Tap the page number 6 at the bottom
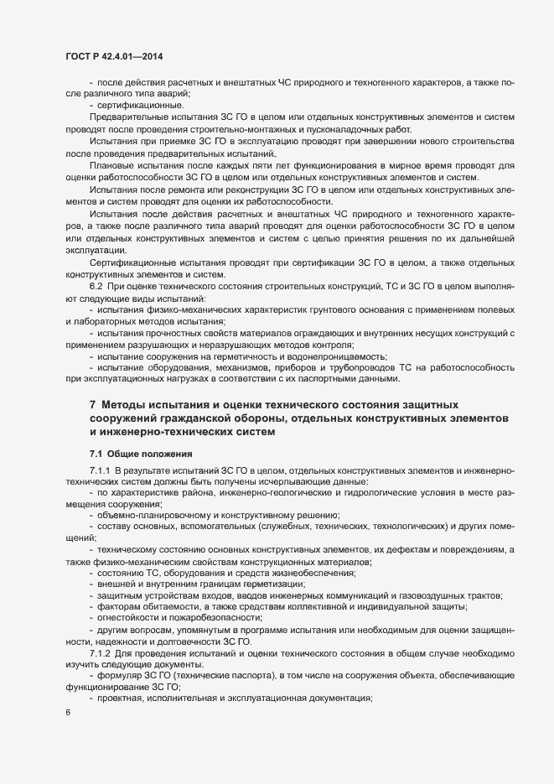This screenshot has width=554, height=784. pos(56,714)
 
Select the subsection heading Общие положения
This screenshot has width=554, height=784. pos(139,454)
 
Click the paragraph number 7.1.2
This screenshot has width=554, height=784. pos(101,652)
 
